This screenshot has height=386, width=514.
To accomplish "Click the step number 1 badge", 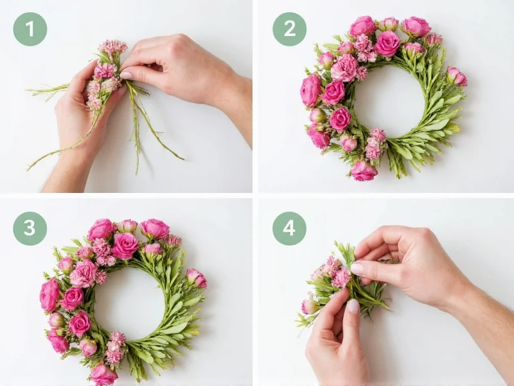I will (30, 29).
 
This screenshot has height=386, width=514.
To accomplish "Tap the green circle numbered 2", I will (289, 29).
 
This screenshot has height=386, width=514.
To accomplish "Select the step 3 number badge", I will (30, 228).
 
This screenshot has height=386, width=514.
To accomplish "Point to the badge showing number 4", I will (289, 228).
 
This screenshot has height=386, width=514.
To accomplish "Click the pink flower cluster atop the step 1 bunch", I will (113, 46).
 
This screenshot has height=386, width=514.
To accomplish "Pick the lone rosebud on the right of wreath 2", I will (457, 76).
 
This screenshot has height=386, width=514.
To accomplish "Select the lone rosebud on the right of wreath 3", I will (197, 278).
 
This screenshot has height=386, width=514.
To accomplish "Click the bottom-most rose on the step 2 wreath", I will (364, 170).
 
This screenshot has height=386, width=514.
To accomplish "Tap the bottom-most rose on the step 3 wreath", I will (103, 374).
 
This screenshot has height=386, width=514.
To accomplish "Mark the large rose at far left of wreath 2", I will (310, 91).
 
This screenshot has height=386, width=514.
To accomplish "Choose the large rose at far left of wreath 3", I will (49, 295).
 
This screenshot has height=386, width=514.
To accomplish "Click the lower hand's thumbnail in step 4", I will (353, 307).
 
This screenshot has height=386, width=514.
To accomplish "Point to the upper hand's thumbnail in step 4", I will (357, 269).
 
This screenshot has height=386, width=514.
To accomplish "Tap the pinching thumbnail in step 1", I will (127, 75).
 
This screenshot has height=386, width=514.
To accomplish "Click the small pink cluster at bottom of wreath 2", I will (375, 144).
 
